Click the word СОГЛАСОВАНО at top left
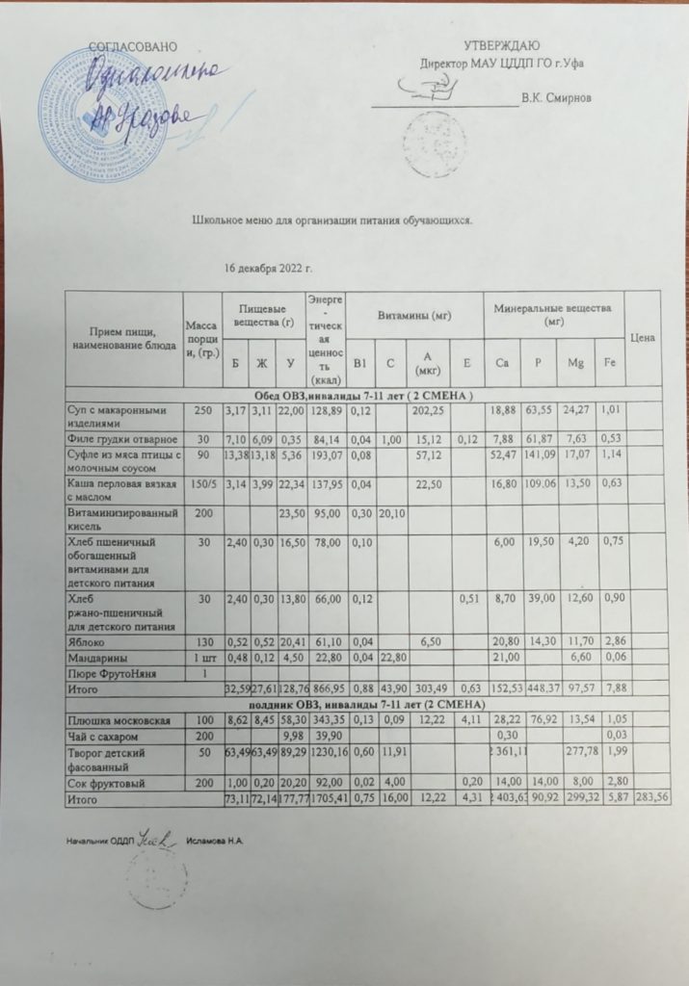(134, 46)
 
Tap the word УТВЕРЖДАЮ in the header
(501, 46)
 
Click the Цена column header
(644, 338)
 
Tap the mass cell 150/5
(200, 482)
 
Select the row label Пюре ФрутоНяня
(110, 672)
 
